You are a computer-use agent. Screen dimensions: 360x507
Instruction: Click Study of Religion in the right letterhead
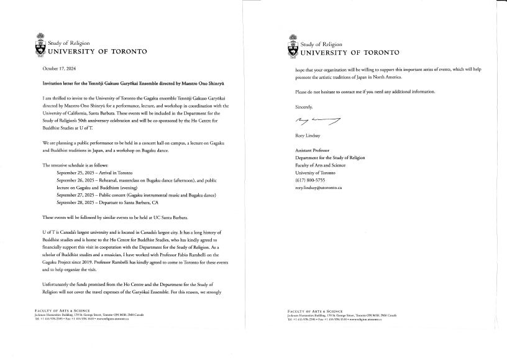coord(320,44)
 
